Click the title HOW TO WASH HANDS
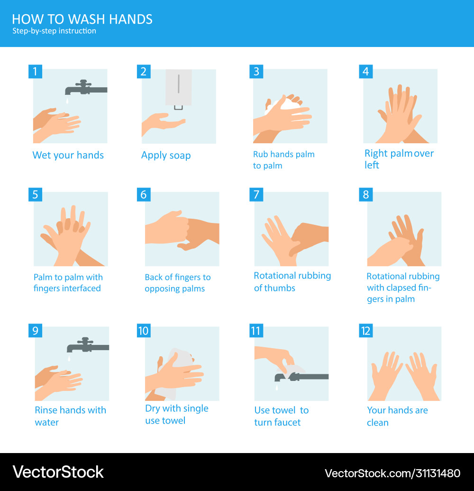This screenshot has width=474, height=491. pos(82,19)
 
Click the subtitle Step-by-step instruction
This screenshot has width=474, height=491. pos(54,31)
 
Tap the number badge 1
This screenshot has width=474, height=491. pos(35,71)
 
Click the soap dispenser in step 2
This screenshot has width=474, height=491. pos(179,87)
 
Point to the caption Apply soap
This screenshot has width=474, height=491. pos(166,156)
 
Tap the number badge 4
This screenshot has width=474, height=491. pos(365,71)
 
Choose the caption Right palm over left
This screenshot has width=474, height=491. pos(399,159)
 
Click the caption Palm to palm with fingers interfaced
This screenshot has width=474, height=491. pos(68,283)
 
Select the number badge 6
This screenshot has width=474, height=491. pos(144,195)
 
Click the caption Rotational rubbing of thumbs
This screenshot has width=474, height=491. pos(292,282)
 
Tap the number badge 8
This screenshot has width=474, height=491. pos(365,195)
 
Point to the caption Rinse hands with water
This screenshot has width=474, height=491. pos(70,416)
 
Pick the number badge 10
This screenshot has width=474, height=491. pos(144,330)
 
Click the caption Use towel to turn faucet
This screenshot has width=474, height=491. pos(281,416)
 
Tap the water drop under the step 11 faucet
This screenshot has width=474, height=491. pos(276,388)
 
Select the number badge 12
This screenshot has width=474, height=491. pos(365,330)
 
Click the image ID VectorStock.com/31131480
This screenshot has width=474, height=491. pos(392,473)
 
